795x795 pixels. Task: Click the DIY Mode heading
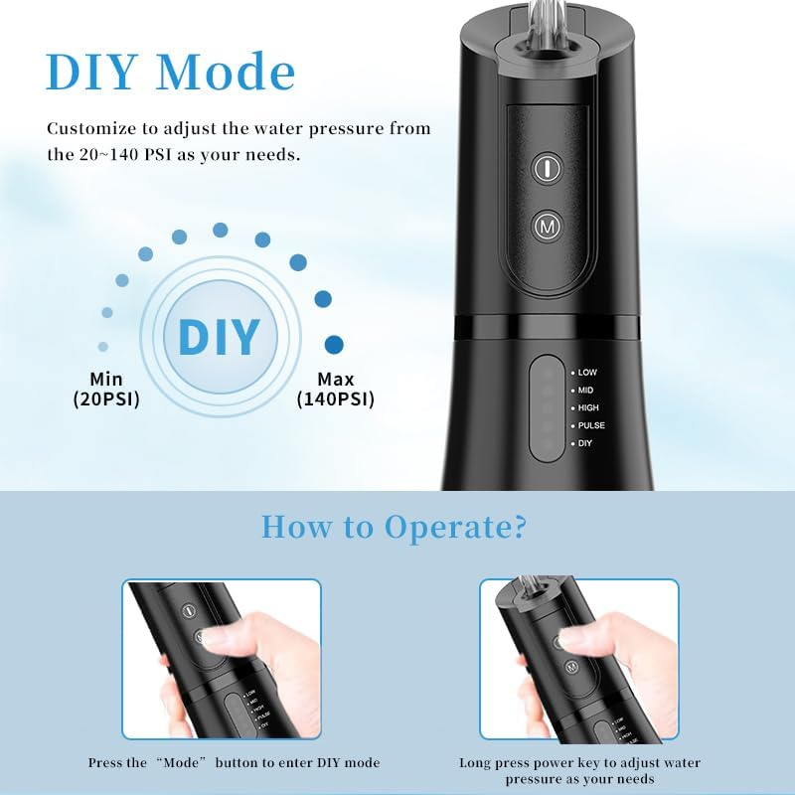pos(171,72)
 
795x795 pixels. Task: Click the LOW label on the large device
pos(587,372)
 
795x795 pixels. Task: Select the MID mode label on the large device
pos(585,390)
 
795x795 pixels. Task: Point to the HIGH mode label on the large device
pos(588,407)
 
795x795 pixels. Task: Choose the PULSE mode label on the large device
pos(591,425)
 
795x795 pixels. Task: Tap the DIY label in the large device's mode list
pos(585,443)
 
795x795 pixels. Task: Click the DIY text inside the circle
pos(218,336)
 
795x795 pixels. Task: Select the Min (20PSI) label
pos(105,389)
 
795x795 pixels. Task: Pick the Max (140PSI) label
pos(335,389)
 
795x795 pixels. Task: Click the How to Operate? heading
pos(394,527)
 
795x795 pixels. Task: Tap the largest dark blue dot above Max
pos(334,345)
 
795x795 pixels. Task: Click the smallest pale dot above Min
pos(103,347)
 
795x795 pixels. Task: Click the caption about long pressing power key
pos(579,770)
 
